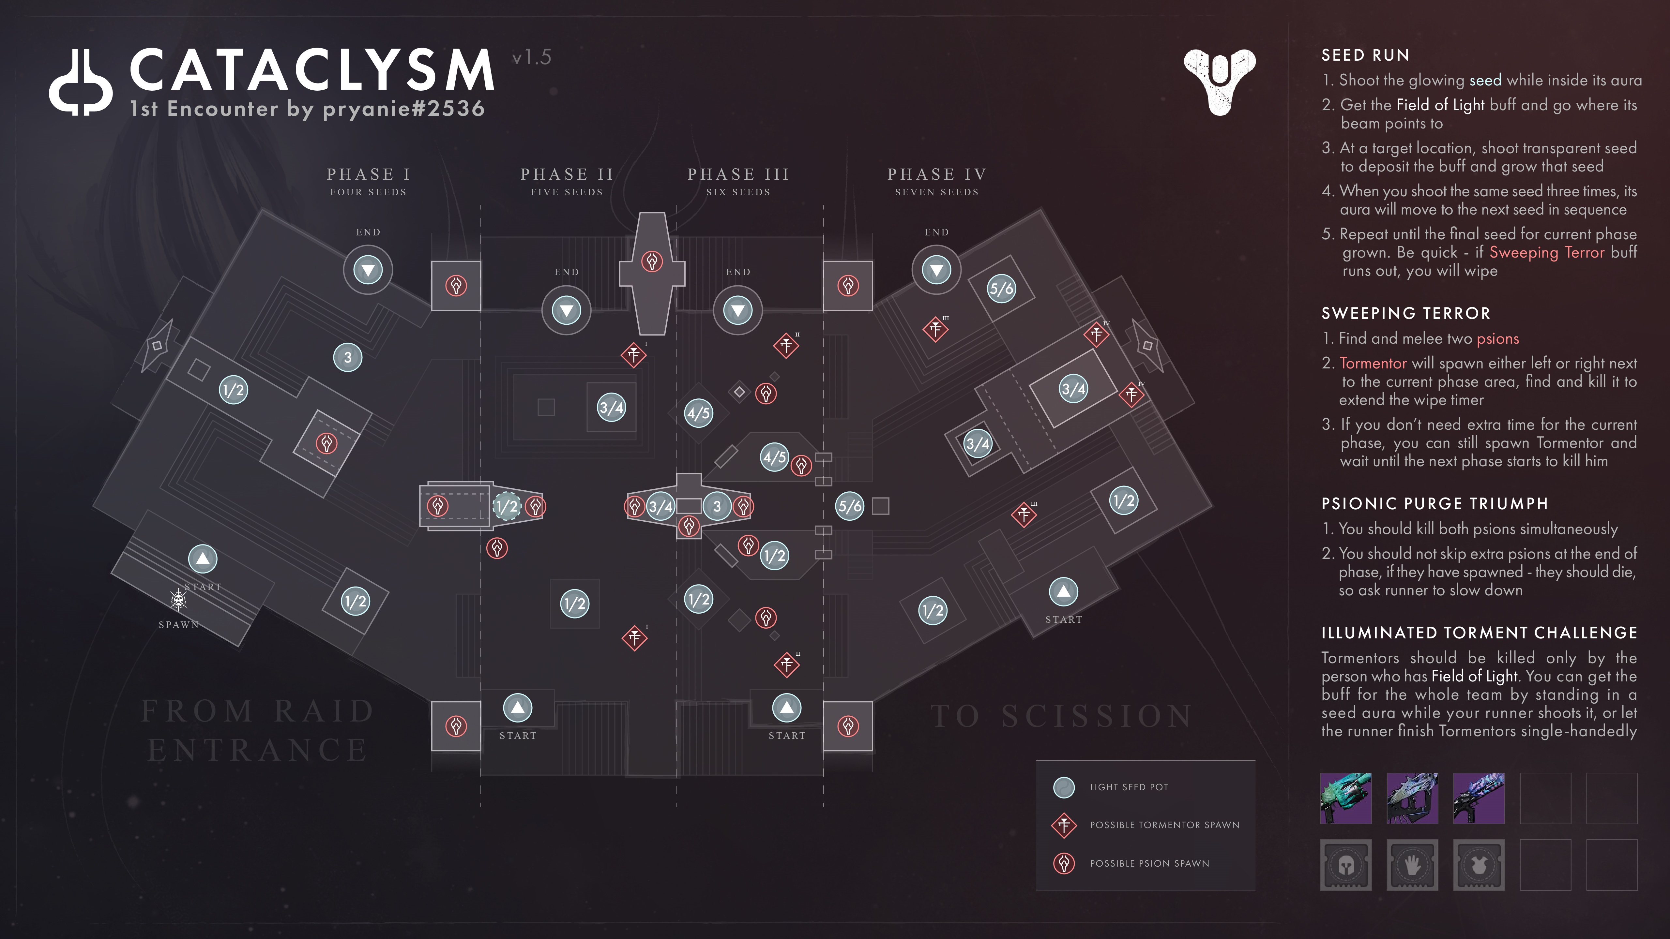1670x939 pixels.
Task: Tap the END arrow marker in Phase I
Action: tap(368, 270)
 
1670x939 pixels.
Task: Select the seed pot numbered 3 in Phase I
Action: tap(347, 357)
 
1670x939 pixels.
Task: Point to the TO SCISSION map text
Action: tap(1061, 716)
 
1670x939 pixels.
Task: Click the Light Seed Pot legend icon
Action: tap(1064, 787)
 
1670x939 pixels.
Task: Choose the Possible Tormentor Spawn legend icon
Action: tap(1064, 825)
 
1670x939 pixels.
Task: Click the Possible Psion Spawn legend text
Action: tap(1149, 863)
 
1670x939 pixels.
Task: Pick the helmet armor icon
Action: tap(1346, 865)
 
